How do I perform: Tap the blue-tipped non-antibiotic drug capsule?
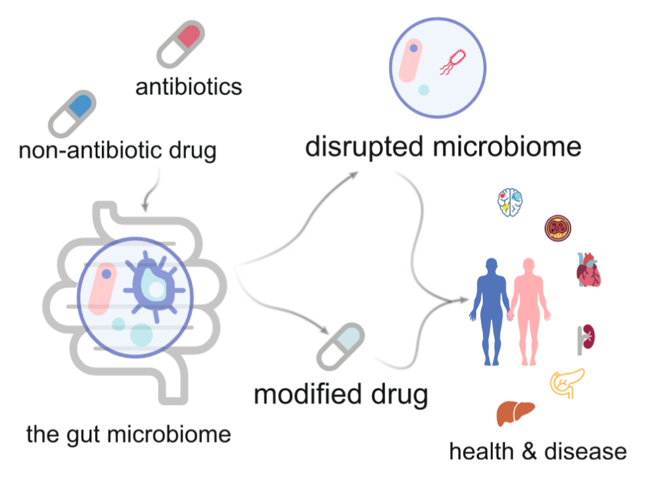tap(72, 114)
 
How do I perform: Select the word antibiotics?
tap(189, 87)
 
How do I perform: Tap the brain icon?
tap(511, 203)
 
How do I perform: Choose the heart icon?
tap(588, 270)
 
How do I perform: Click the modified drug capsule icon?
tap(339, 347)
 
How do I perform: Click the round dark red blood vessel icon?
tap(558, 229)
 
